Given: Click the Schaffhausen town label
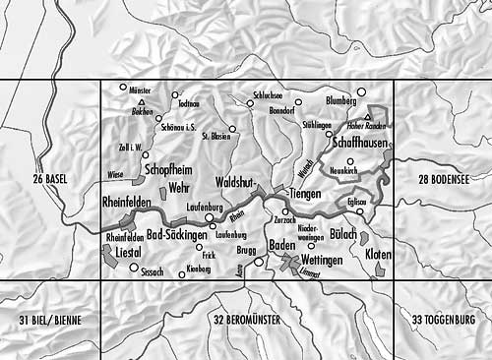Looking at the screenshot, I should coord(361,144).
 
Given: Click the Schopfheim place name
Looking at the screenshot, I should coord(167,168).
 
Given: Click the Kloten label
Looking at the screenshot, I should coord(377,255).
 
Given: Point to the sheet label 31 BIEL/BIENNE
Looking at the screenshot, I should coord(49,321).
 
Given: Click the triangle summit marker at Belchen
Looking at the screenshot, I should coord(143,103).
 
